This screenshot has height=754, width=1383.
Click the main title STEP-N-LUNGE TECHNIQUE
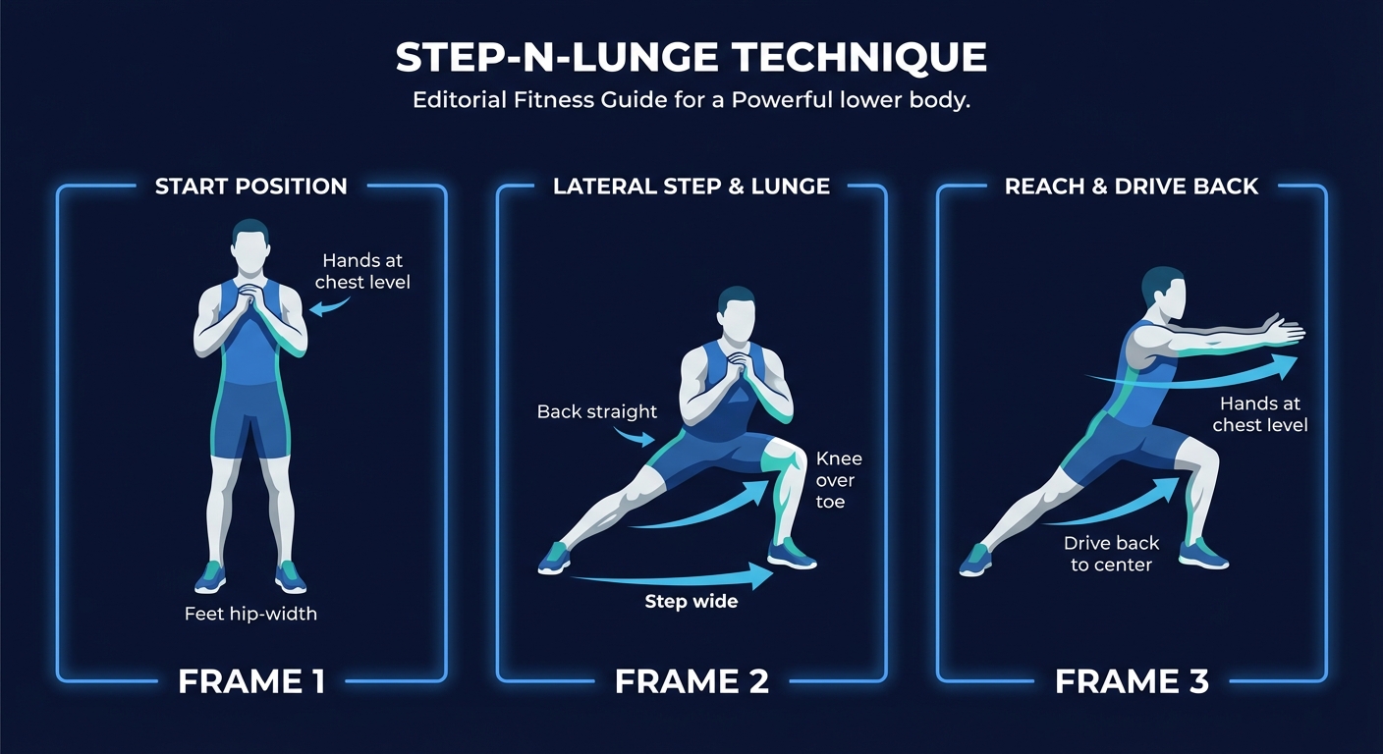coord(691,58)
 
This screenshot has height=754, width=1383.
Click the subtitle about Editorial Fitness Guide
coord(691,100)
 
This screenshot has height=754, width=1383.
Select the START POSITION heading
coord(251,187)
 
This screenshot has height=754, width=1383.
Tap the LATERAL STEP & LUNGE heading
coord(691,187)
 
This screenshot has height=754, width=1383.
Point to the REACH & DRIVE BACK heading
coord(1132,187)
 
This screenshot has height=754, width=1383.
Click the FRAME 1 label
coord(251,681)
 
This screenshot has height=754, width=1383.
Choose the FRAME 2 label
coord(691,681)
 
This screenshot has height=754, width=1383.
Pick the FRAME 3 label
coord(1132,681)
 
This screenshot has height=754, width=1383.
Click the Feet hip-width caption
coord(251,615)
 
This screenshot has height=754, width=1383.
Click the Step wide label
coord(691,601)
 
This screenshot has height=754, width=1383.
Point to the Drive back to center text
coord(1111,554)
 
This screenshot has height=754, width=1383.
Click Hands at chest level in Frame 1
coord(362,271)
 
